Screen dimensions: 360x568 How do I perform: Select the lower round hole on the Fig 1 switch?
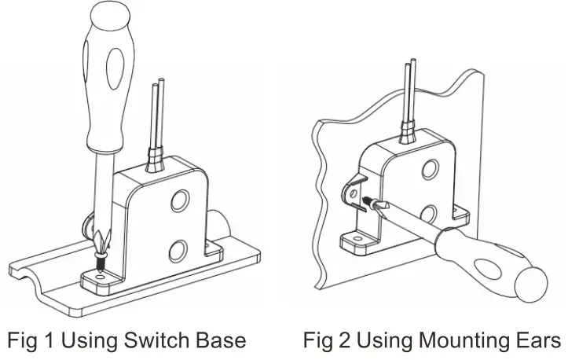(178, 250)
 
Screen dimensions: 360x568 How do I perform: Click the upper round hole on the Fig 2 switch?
(430, 168)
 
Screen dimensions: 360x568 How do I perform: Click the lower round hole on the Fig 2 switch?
(429, 214)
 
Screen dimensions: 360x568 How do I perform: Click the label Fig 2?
(328, 340)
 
